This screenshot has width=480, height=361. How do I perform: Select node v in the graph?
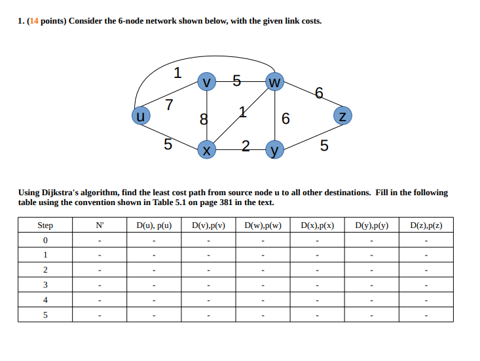(x=207, y=82)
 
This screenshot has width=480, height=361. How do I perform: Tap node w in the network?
(x=274, y=82)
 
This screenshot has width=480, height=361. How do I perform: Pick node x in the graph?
(x=207, y=149)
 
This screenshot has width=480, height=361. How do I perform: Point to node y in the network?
(x=275, y=149)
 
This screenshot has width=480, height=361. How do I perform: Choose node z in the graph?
(x=342, y=116)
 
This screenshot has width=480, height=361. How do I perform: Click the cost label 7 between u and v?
(x=169, y=104)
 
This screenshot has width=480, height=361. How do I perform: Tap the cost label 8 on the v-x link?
(x=204, y=119)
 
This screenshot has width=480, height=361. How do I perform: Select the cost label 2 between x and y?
(x=245, y=145)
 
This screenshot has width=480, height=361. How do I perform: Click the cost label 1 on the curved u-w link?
(x=177, y=73)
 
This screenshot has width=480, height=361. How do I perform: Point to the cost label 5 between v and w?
(x=236, y=82)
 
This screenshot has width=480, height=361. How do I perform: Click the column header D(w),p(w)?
(x=263, y=225)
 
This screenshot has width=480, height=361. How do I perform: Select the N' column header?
(x=100, y=225)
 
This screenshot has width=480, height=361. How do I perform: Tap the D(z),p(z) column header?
(x=426, y=225)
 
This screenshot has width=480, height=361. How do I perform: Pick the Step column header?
(x=45, y=225)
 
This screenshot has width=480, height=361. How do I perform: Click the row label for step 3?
(x=45, y=284)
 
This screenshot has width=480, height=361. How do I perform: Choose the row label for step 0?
(x=45, y=240)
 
